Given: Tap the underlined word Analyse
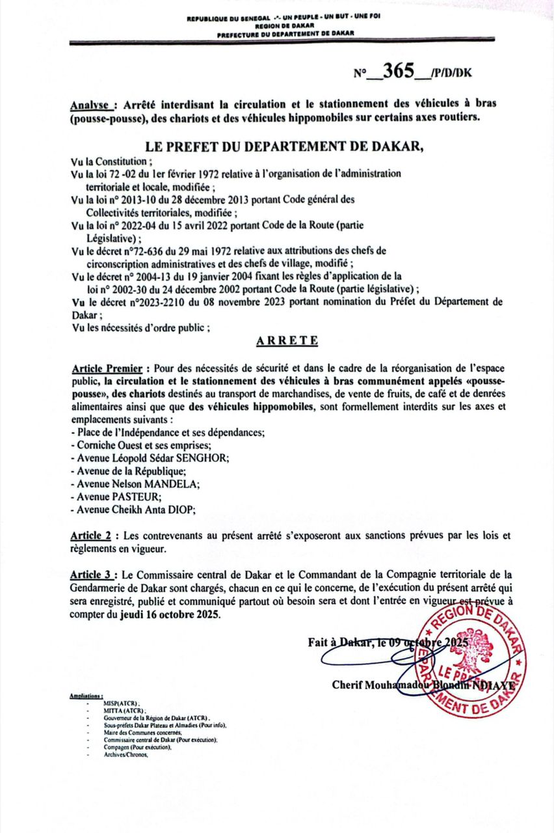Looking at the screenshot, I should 91,105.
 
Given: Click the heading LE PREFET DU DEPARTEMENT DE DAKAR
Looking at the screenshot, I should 280,146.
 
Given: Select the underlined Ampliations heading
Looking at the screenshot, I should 86,696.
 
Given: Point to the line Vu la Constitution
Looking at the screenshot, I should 112,161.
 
